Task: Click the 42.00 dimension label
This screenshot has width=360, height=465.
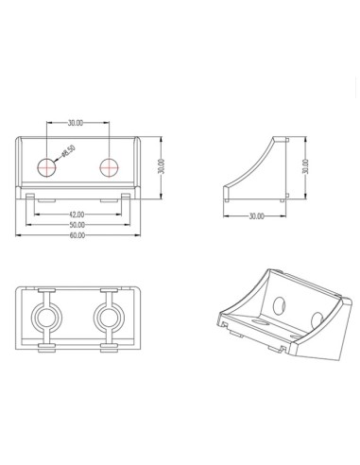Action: (77, 214)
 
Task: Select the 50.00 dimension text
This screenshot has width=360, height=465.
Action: (77, 225)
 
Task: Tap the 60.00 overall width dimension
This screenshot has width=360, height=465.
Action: (77, 235)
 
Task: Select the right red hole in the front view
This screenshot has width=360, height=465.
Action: (110, 167)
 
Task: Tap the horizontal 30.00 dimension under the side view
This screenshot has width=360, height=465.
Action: (255, 216)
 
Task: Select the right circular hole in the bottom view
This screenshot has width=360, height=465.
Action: (107, 314)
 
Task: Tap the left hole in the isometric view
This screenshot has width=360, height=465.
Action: (281, 305)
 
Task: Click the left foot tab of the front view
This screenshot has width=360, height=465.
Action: (31, 198)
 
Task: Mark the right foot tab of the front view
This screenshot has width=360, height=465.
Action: (126, 198)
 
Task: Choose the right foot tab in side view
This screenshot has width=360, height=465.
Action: (283, 198)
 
